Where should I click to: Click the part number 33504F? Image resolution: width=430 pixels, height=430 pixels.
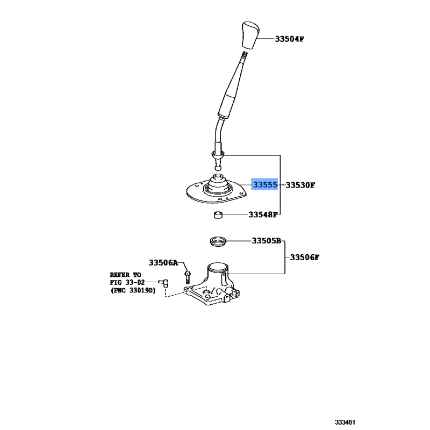pyautogui.click(x=290, y=39)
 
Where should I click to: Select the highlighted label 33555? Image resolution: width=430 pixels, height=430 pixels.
pyautogui.click(x=264, y=184)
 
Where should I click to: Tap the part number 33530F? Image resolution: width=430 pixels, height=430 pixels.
pyautogui.click(x=300, y=185)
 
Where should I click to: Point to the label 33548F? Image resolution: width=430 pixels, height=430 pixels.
pyautogui.click(x=263, y=214)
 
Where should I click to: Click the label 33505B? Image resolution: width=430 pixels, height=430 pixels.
pyautogui.click(x=267, y=241)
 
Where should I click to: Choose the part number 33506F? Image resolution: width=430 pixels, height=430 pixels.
pyautogui.click(x=305, y=257)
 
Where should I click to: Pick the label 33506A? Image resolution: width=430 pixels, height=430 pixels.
pyautogui.click(x=163, y=263)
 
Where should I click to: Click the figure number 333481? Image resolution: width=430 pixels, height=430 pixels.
pyautogui.click(x=345, y=422)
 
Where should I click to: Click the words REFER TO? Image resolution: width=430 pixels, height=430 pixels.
pyautogui.click(x=126, y=275)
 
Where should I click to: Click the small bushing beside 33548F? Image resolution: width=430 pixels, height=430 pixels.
pyautogui.click(x=218, y=214)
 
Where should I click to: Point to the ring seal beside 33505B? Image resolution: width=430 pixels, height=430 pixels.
pyautogui.click(x=218, y=241)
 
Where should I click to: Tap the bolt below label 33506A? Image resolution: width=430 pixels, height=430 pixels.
pyautogui.click(x=188, y=277)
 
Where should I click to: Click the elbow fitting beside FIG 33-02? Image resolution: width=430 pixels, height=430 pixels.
pyautogui.click(x=164, y=282)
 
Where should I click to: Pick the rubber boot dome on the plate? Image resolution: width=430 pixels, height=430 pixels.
pyautogui.click(x=218, y=184)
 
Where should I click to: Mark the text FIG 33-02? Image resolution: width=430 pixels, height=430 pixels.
pyautogui.click(x=127, y=282)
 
